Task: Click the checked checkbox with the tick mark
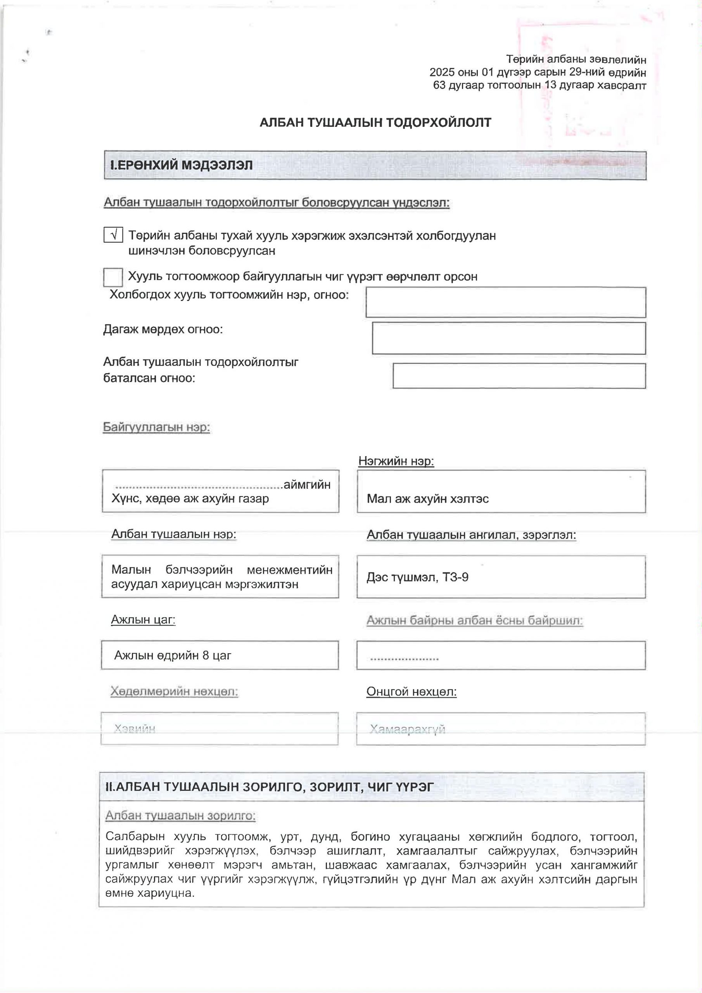pos(113,235)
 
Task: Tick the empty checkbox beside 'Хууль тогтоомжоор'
pos(113,277)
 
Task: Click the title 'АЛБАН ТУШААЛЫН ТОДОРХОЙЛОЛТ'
pos(375,123)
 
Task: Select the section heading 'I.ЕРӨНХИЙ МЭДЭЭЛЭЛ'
pos(182,165)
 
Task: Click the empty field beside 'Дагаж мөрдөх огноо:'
pos(508,338)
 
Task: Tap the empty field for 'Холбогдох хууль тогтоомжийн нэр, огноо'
pos(506,302)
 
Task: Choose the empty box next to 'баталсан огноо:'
pos(519,376)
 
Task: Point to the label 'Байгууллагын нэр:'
pos(156,427)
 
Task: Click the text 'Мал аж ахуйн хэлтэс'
pos(427,499)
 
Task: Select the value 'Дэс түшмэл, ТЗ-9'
pos(417,578)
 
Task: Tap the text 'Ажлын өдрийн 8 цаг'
pos(173,655)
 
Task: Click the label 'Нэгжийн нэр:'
pos(396,461)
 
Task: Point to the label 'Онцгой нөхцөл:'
pos(412,692)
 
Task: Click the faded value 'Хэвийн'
pos(135,729)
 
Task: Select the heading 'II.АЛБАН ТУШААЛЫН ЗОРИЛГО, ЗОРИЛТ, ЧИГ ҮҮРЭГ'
pos(269,787)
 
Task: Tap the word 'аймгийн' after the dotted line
pos(307,484)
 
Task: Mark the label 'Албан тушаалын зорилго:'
pos(180,816)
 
